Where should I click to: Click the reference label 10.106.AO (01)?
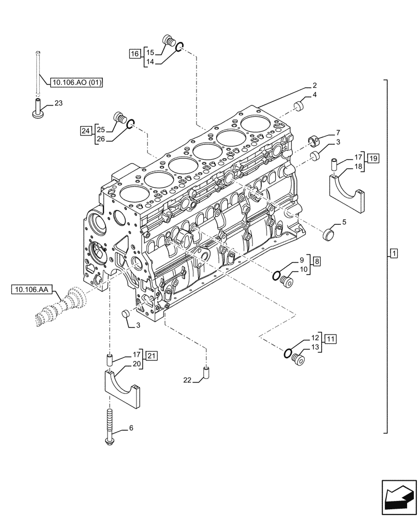(x=77, y=82)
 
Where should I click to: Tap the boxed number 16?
(x=134, y=53)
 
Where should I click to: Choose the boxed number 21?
(x=151, y=355)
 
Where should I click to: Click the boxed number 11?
(x=331, y=339)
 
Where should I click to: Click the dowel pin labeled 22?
(x=206, y=372)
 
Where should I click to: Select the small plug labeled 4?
(x=298, y=107)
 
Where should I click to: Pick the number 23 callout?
(x=58, y=103)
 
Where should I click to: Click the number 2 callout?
(x=314, y=85)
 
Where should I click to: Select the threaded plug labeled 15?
(x=169, y=41)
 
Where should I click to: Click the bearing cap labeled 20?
(x=124, y=389)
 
